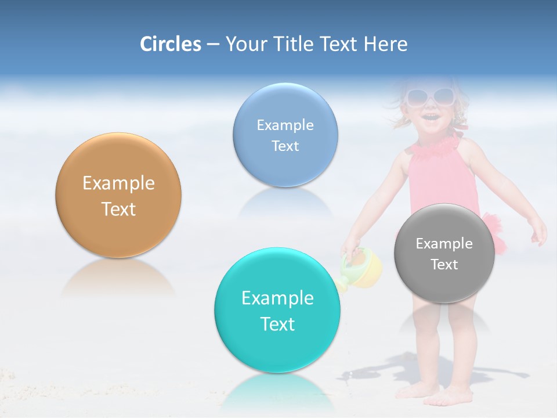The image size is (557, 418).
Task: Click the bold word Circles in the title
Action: coord(171,44)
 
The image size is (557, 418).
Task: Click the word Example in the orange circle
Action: coord(118,183)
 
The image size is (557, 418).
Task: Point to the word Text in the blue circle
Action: coord(285,146)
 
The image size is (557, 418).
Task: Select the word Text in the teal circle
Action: coord(277,324)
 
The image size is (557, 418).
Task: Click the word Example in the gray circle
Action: coord(444,244)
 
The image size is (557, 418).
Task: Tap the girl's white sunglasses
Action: coord(429,96)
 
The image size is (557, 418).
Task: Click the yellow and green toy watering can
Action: coord(363,268)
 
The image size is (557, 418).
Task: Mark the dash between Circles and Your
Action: coord(213,45)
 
